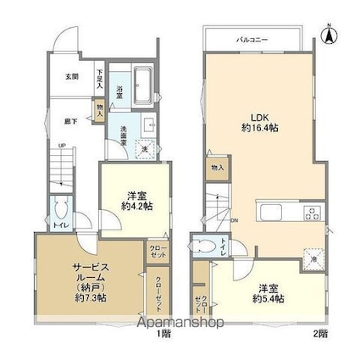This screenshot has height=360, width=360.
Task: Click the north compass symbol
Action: click(330, 35)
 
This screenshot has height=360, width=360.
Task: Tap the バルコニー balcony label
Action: click(248, 39)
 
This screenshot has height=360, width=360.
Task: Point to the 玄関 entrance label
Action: click(71, 76)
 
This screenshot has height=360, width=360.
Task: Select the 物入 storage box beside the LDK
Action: click(217, 169)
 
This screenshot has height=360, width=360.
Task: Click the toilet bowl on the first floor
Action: click(60, 210)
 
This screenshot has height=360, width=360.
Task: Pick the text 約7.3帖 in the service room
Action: click(88, 298)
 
